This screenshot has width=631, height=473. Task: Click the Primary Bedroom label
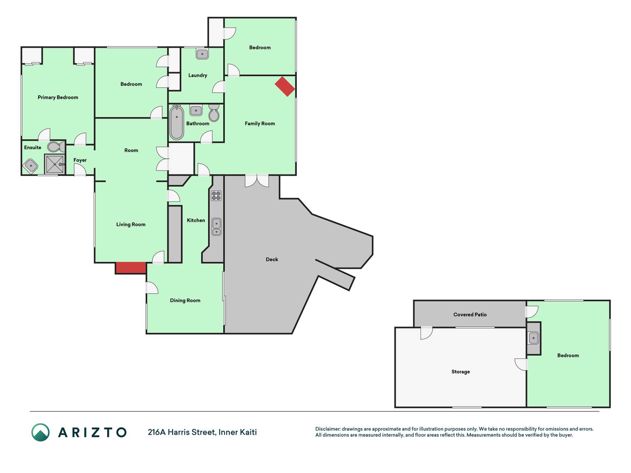click(x=58, y=98)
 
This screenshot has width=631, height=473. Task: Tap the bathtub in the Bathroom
click(x=177, y=122)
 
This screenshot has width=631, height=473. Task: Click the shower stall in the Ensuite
click(x=55, y=164)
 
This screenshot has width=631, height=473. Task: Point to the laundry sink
click(x=202, y=54)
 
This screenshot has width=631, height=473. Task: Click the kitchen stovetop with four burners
click(x=216, y=195)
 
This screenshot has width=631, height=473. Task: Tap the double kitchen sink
click(x=217, y=227)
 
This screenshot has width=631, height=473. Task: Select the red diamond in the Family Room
click(x=285, y=86)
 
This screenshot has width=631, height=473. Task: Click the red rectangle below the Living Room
click(x=131, y=268)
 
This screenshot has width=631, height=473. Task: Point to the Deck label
click(x=272, y=259)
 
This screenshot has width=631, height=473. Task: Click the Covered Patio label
click(x=470, y=314)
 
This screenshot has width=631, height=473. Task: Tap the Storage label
click(x=461, y=372)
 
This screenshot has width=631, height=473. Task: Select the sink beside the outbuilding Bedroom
click(x=533, y=338)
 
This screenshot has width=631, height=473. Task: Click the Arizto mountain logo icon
click(x=40, y=432)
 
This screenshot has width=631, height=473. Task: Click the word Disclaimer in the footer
click(x=328, y=429)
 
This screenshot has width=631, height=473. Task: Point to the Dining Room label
click(x=185, y=300)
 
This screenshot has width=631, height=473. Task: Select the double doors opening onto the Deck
click(x=257, y=181)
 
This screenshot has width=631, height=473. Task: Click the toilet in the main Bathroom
click(x=214, y=113)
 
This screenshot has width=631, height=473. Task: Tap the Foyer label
click(x=80, y=160)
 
